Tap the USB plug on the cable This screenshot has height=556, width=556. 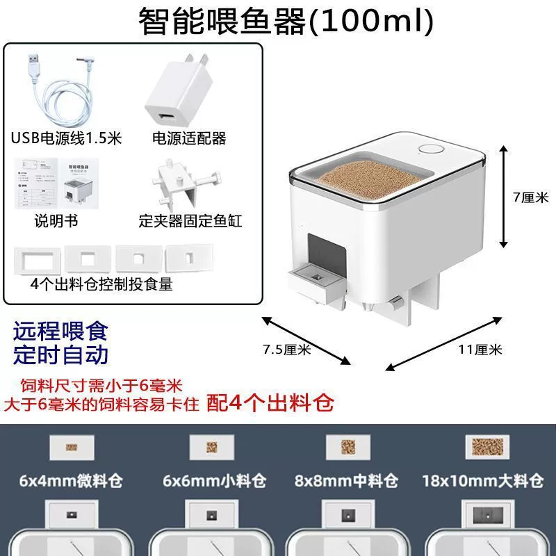tap(33, 63)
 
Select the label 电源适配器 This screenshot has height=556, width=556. tap(189, 138)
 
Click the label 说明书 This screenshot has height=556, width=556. tap(56, 221)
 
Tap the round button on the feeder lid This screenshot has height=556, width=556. tap(431, 149)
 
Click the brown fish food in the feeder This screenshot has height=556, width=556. tap(371, 181)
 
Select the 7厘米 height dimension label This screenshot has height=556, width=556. tap(531, 197)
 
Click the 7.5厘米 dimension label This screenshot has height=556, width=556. tap(287, 350)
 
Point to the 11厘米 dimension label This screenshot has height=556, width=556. tap(480, 350)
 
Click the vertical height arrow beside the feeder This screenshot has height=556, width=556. tap(503, 197)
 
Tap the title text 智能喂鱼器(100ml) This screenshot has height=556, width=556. tap(286, 22)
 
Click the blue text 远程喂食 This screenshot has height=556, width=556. tap(60, 332)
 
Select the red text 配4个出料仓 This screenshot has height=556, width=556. tap(270, 403)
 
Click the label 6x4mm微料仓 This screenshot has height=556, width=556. tap(71, 481)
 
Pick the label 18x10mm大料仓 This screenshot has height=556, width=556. tap(482, 481)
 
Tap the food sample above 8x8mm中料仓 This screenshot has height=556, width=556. tap(348, 447)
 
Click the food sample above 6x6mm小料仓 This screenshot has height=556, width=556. tap(212, 448)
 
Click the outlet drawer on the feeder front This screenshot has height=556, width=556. tap(317, 284)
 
